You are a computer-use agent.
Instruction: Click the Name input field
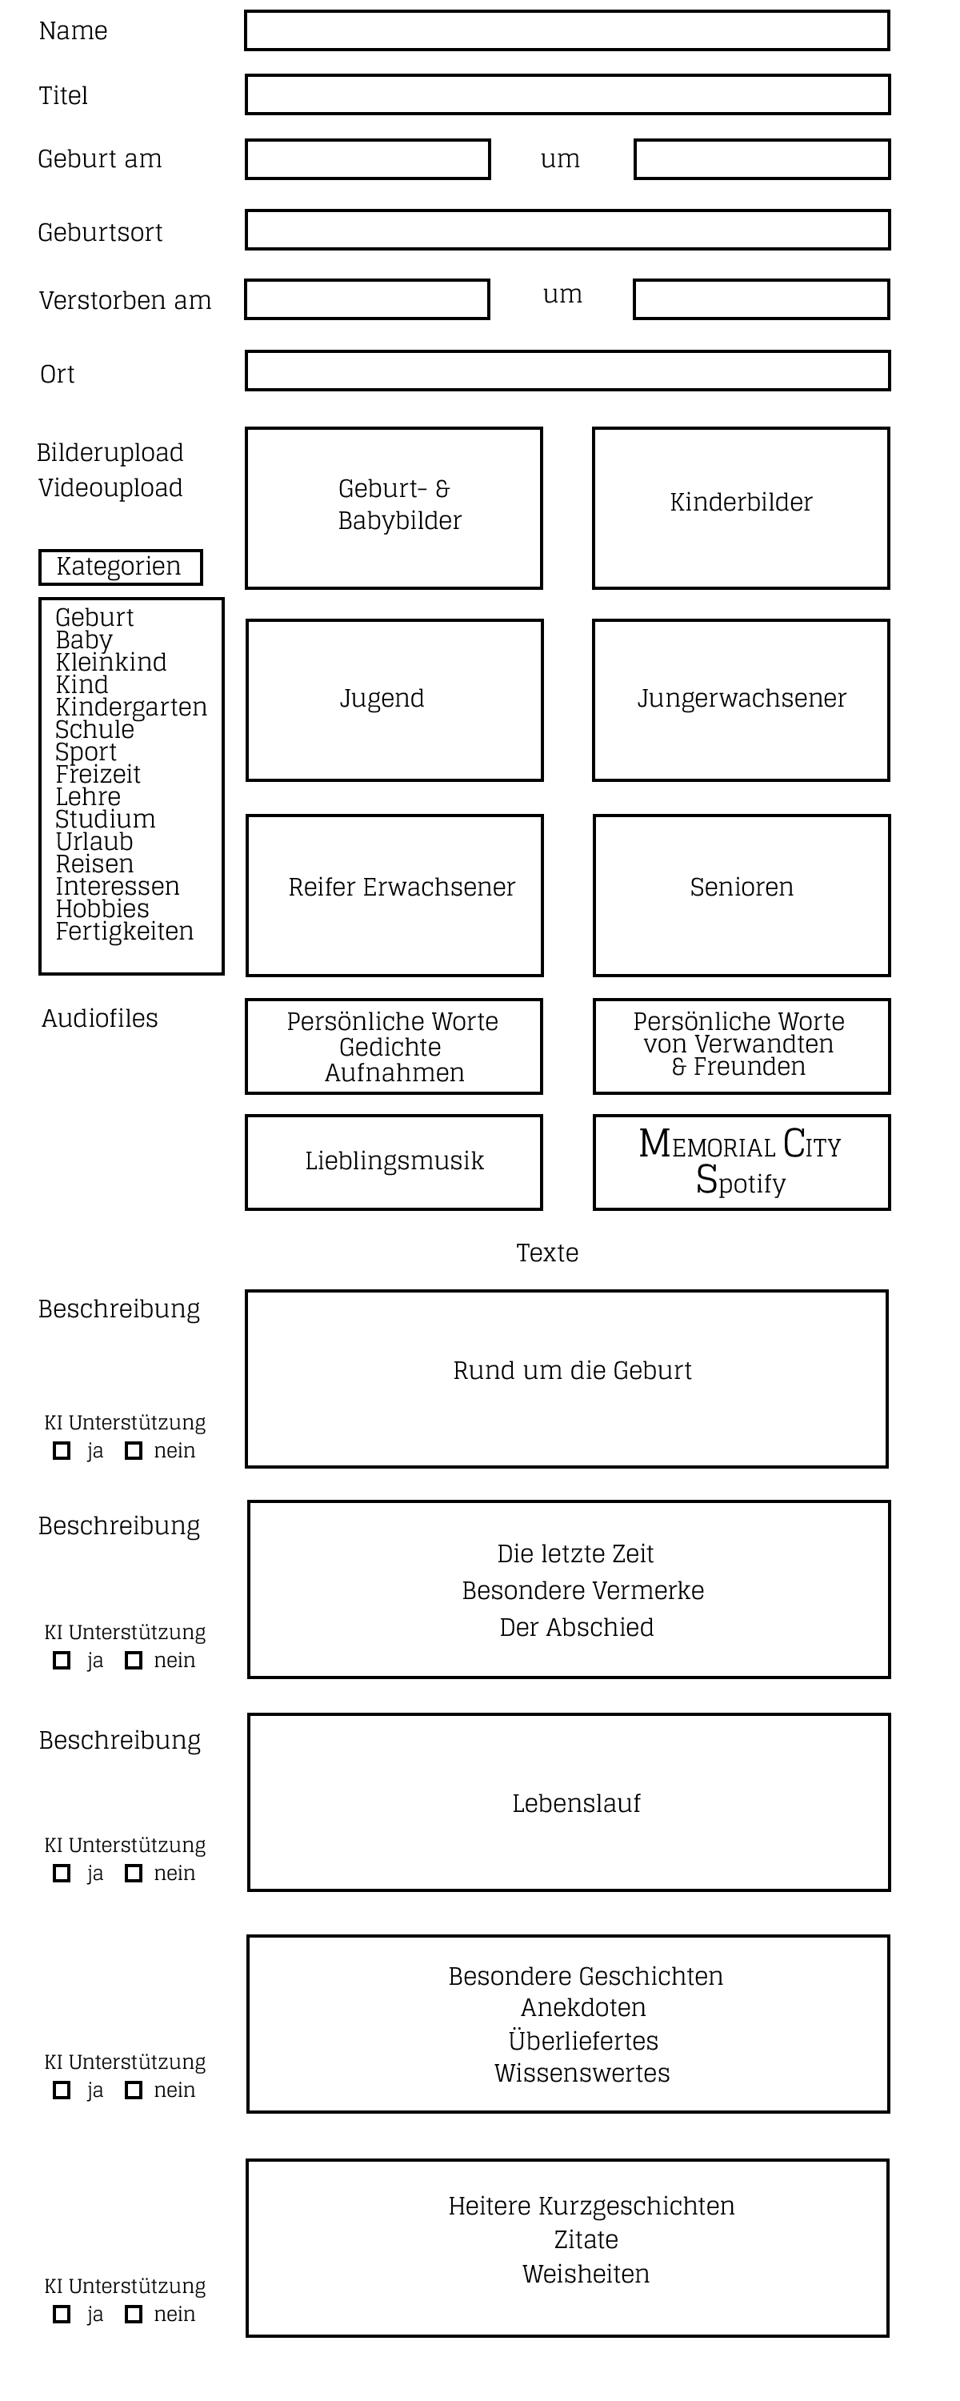pos(566,30)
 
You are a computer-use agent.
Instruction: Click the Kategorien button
pos(120,567)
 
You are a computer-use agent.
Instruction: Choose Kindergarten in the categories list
pos(131,707)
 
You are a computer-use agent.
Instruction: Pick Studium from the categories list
pos(106,820)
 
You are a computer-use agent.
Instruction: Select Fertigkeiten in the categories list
pos(125,931)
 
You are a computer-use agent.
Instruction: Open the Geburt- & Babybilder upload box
pos(394,508)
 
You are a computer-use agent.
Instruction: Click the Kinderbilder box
pos(741,508)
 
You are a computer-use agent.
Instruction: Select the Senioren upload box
pos(742,896)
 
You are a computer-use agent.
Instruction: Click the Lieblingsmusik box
pos(394,1162)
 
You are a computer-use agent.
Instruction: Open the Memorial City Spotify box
pos(742,1162)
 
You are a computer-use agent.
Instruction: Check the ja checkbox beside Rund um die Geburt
pos(62,1450)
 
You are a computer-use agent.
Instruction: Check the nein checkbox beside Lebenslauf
pos(134,1874)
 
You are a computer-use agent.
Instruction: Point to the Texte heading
pos(547,1253)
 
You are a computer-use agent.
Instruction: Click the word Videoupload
pos(110,487)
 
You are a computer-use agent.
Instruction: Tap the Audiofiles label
pos(100,1018)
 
